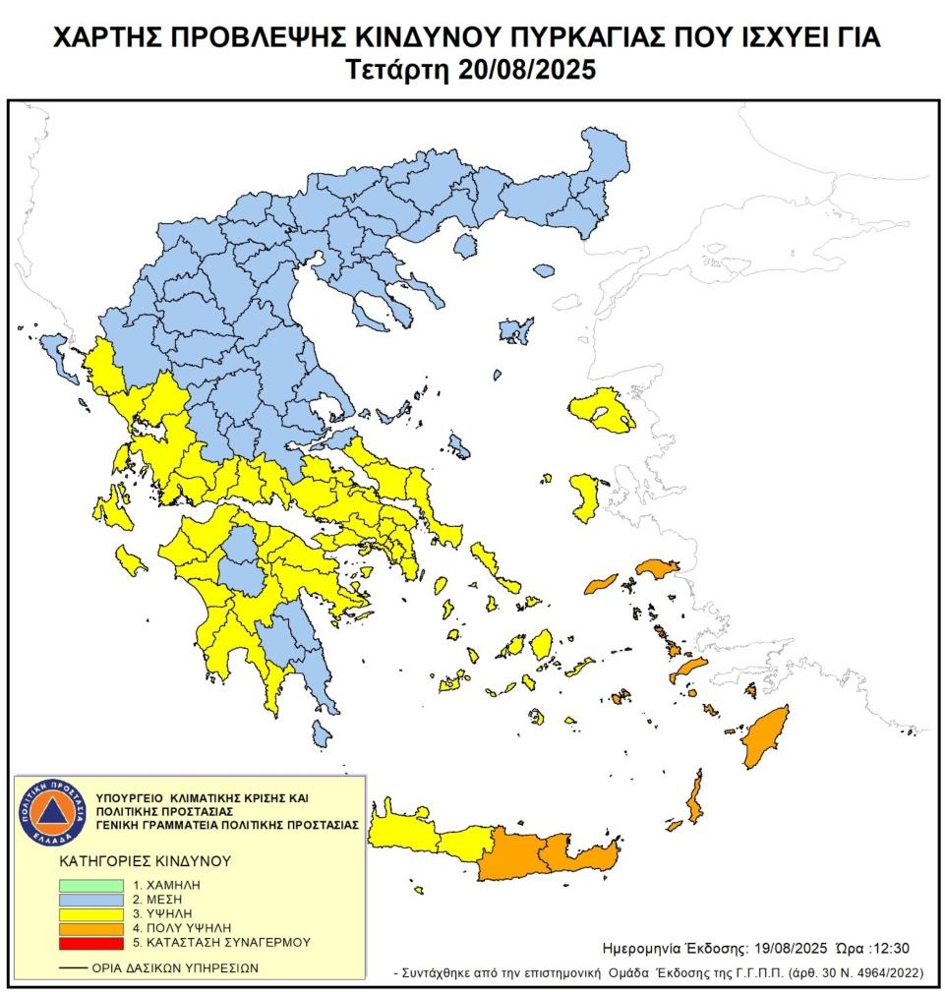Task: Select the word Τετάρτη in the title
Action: click(x=398, y=71)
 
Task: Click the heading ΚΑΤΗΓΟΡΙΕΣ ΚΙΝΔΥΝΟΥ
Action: click(x=145, y=859)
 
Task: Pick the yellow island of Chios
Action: click(x=587, y=496)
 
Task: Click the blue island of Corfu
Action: click(x=53, y=346)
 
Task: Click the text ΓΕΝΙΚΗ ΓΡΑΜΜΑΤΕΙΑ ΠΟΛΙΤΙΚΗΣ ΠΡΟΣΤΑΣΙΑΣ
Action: click(x=227, y=825)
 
